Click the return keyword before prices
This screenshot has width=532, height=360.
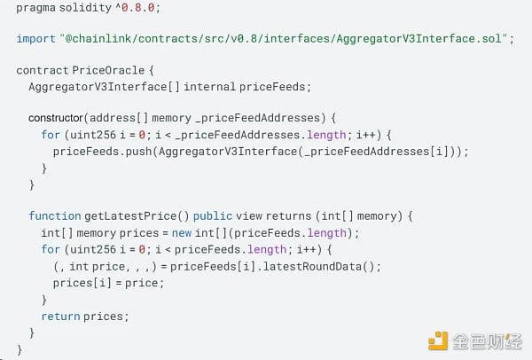coord(59,316)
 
